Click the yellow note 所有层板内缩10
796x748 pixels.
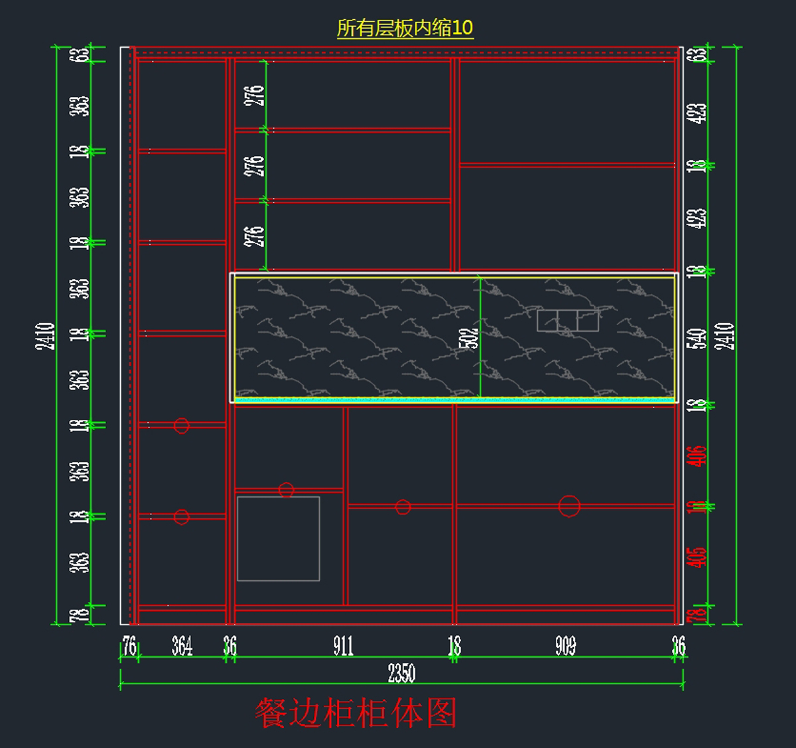405,28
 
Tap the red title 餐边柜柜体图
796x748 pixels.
356,713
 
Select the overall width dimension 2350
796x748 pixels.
401,674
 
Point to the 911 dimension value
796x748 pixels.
343,646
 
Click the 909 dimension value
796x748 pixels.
565,646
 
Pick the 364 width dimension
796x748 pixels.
182,646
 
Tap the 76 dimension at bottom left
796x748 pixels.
129,646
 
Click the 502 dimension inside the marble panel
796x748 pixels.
469,337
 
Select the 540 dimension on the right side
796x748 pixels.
697,338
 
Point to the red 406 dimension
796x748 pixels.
697,456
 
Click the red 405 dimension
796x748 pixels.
697,557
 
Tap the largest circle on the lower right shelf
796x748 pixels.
569,506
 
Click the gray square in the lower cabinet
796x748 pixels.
279,538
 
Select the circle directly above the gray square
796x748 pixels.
286,490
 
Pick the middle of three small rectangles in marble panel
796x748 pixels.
567,321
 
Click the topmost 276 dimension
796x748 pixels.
255,96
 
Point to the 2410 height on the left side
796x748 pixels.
45,336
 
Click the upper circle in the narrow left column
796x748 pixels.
181,425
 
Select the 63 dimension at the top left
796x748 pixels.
82,54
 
